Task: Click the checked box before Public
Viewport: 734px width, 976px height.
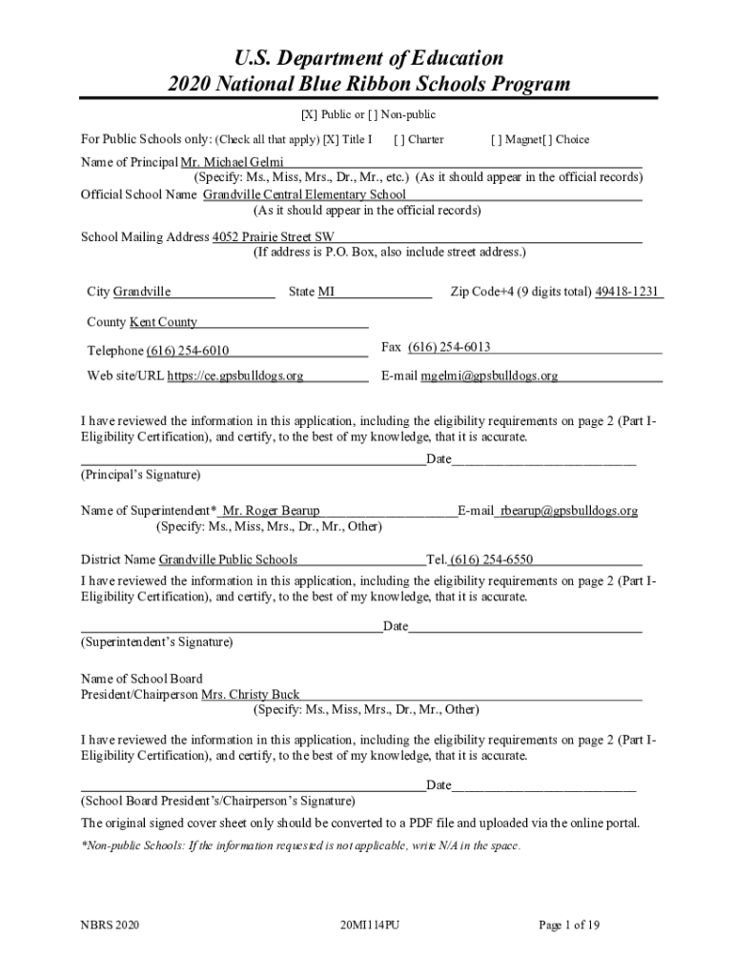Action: coord(310,115)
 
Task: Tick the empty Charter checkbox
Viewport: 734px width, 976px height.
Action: coord(400,139)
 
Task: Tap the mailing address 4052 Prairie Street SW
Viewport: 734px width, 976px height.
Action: coord(273,236)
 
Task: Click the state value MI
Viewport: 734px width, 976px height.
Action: coord(326,292)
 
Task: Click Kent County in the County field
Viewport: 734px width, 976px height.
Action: coord(163,322)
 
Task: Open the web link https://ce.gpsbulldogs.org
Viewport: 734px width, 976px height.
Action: coord(235,376)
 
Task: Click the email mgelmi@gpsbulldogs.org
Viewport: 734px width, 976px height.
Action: coord(490,376)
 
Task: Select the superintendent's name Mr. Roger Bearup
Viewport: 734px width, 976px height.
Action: coord(271,511)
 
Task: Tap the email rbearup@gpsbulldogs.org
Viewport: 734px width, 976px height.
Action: coord(569,511)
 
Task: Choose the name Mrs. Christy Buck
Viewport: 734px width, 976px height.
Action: coord(250,695)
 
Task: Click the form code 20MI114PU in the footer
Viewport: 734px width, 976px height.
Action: coord(368,925)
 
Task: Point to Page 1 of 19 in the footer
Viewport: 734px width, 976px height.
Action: coord(569,925)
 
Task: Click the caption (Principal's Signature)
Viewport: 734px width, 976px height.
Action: coord(140,474)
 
